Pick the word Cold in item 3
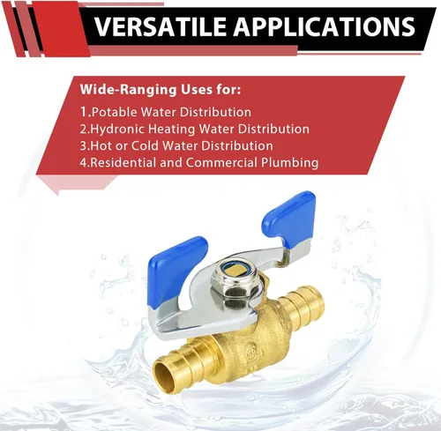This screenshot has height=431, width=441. [160, 145]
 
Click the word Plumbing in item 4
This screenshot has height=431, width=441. [289, 162]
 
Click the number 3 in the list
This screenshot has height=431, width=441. [83, 145]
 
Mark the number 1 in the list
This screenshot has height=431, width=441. [83, 112]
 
